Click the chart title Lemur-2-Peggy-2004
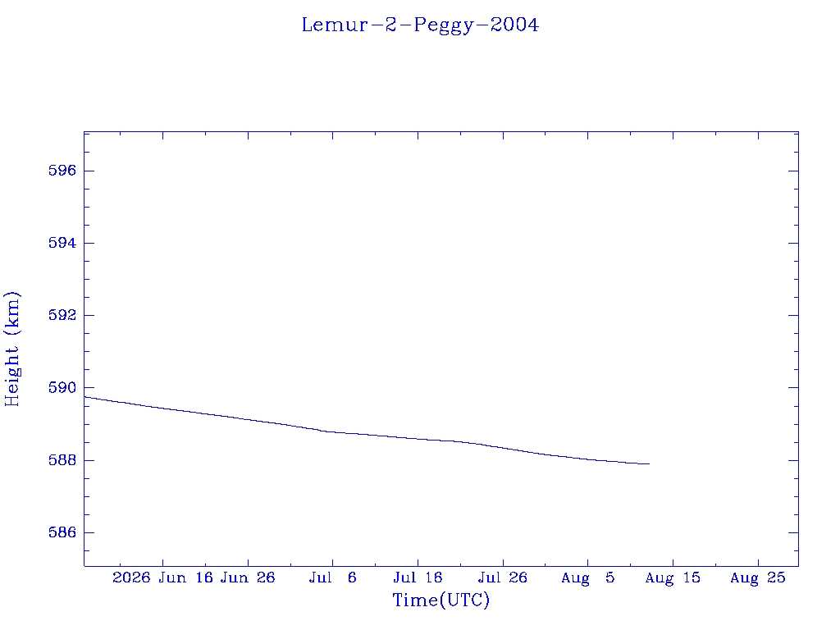pos(420,25)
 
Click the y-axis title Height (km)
pos(11,349)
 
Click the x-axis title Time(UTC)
pos(441,600)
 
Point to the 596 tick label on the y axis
pos(62,171)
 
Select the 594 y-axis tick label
pos(62,243)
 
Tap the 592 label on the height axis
pos(62,315)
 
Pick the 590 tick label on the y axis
pos(62,387)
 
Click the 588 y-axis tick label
pos(62,460)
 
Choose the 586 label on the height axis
pos(62,532)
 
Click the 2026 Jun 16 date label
pos(163,577)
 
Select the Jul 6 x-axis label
pos(333,577)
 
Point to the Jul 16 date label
pos(418,577)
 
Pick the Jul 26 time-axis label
pos(503,577)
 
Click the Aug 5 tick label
pos(587,577)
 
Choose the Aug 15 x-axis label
pos(673,577)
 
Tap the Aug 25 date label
pos(758,577)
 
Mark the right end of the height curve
pos(650,464)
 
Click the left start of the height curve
pos(84,397)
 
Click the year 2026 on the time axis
pos(131,577)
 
